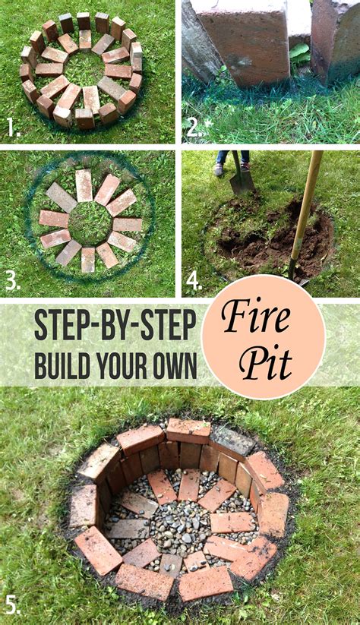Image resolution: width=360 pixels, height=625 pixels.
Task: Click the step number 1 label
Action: pyautogui.click(x=13, y=128)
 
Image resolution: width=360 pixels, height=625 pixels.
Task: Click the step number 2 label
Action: pyautogui.click(x=193, y=128)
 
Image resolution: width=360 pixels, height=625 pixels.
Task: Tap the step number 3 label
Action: pyautogui.click(x=12, y=281)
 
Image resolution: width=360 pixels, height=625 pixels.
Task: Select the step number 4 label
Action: pyautogui.click(x=194, y=281)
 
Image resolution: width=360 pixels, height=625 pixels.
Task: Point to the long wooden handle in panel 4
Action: pyautogui.click(x=305, y=205)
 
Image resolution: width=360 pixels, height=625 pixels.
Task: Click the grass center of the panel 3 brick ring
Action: pyautogui.click(x=90, y=221)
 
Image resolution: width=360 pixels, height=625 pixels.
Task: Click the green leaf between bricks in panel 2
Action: pyautogui.click(x=299, y=53)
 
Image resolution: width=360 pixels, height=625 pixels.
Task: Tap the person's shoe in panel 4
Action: pyautogui.click(x=219, y=169)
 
